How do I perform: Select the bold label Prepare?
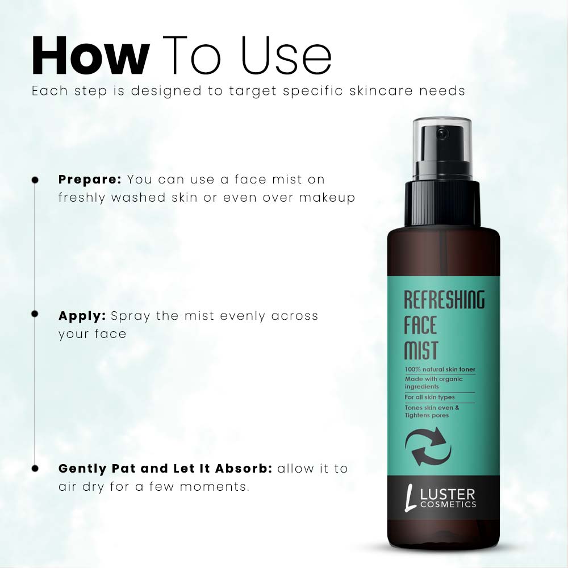(90, 179)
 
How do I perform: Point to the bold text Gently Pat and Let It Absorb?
(165, 469)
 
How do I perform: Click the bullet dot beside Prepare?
(35, 179)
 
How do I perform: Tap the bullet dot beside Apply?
(35, 314)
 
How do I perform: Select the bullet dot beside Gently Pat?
(35, 469)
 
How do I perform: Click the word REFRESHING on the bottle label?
(444, 300)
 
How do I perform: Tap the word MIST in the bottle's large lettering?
(421, 351)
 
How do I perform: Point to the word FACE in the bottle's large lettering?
(420, 326)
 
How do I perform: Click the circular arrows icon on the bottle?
(431, 446)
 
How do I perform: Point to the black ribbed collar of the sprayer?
(442, 203)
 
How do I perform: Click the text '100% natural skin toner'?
(440, 370)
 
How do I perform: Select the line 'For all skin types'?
(429, 397)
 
